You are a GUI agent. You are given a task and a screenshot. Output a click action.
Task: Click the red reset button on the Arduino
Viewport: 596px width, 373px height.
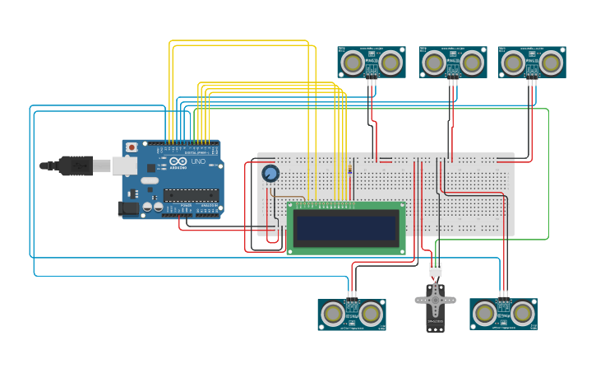click(x=131, y=147)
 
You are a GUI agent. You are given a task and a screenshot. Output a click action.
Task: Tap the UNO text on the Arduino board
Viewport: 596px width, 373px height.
click(x=198, y=161)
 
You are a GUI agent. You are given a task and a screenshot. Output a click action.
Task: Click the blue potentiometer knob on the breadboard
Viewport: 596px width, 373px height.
click(x=270, y=174)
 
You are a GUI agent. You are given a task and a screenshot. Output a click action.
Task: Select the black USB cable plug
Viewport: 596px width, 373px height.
click(x=75, y=166)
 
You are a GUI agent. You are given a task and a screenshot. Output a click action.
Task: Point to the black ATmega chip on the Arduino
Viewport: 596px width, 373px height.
click(x=191, y=196)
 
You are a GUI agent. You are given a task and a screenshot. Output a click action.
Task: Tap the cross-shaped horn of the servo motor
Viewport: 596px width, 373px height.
click(x=435, y=298)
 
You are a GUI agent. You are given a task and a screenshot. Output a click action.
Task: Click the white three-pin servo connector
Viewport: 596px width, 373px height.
click(x=435, y=269)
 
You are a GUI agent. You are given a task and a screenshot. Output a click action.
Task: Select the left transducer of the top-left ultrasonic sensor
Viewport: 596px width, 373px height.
click(x=353, y=63)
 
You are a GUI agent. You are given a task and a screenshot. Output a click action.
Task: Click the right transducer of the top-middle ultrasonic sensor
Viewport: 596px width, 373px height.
click(x=472, y=63)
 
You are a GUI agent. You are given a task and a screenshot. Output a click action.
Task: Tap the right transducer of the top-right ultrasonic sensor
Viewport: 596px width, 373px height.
click(x=551, y=63)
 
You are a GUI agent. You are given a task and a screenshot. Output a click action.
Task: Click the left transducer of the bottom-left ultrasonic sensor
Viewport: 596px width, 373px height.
click(x=333, y=314)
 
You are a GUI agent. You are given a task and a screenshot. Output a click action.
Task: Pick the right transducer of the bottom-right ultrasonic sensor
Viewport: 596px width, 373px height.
click(x=523, y=314)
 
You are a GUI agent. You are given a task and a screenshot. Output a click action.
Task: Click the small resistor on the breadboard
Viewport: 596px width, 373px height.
click(x=352, y=170)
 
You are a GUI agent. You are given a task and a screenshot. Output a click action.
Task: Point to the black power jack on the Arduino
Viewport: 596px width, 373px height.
click(x=128, y=209)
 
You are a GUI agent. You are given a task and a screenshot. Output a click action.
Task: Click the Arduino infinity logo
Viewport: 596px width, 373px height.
click(x=179, y=161)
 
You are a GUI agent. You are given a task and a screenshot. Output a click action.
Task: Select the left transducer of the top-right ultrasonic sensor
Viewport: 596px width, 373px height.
click(x=513, y=63)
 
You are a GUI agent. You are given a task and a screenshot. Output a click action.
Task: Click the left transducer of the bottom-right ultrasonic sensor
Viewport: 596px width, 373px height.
click(x=485, y=314)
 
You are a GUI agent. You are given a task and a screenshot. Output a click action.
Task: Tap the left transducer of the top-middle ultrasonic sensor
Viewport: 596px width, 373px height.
click(x=434, y=63)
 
